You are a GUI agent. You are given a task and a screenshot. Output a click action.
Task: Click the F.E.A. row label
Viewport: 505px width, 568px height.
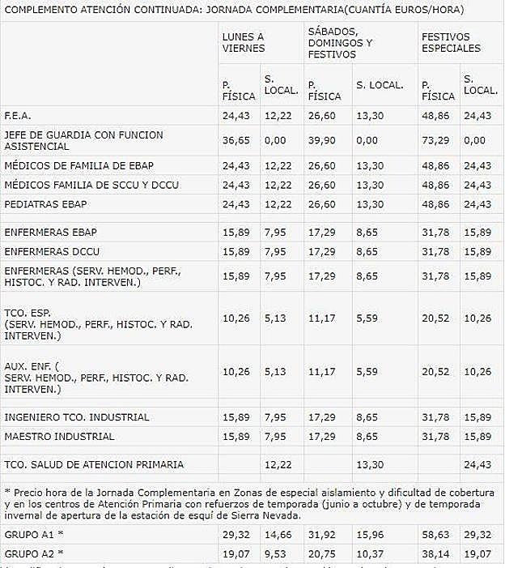(x=18, y=115)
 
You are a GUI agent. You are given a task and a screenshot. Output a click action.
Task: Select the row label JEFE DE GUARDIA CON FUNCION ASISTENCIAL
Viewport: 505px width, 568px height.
(x=72, y=140)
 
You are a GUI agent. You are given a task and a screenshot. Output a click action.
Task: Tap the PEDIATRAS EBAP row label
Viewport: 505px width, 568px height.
(x=45, y=203)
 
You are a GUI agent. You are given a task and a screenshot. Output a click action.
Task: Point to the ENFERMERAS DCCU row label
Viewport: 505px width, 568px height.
(x=52, y=251)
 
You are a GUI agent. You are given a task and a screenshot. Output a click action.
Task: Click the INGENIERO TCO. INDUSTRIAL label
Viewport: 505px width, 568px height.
(x=77, y=417)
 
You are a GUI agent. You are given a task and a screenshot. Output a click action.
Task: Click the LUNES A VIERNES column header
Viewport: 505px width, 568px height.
(x=244, y=42)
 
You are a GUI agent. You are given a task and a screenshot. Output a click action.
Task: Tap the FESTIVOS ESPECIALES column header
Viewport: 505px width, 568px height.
(x=451, y=42)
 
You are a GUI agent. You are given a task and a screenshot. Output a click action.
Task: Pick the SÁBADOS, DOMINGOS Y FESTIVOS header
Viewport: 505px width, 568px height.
(x=340, y=42)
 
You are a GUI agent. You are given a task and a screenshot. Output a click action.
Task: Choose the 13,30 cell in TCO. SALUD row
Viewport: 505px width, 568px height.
(x=369, y=464)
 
